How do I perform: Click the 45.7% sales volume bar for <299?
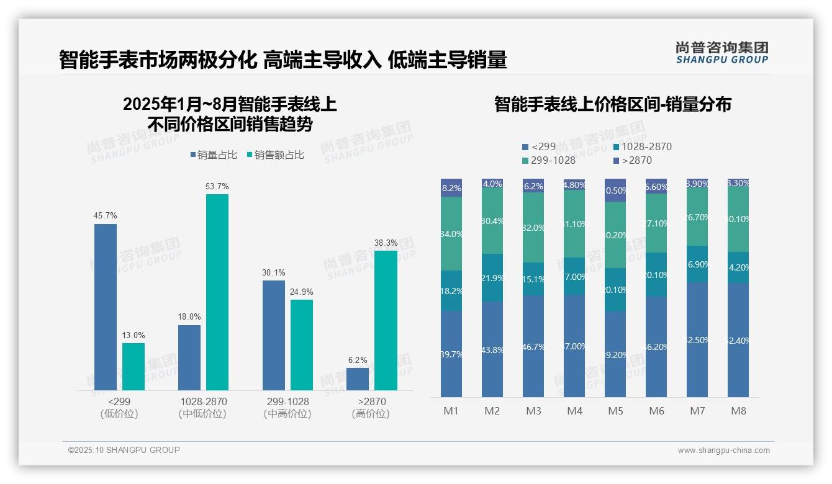pos(106,307)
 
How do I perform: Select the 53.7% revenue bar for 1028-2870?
pos(217,292)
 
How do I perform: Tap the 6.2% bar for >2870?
pos(358,379)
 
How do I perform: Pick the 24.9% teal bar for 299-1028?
pos(302,344)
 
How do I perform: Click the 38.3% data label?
pos(386,243)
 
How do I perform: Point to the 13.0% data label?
pos(133,336)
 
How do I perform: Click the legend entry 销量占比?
pos(214,155)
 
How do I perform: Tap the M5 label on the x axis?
pos(615,411)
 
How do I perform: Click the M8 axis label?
pos(738,411)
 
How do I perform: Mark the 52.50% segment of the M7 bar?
pos(697,339)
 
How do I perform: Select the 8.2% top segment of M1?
pos(451,187)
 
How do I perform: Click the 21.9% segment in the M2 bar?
pos(492,277)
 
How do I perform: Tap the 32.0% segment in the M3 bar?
pos(533,227)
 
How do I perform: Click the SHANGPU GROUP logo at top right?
pos(721,52)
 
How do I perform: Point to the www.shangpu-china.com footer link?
pos(723,450)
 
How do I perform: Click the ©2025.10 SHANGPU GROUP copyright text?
pos(124,450)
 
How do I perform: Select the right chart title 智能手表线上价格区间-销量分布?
pos(612,104)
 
